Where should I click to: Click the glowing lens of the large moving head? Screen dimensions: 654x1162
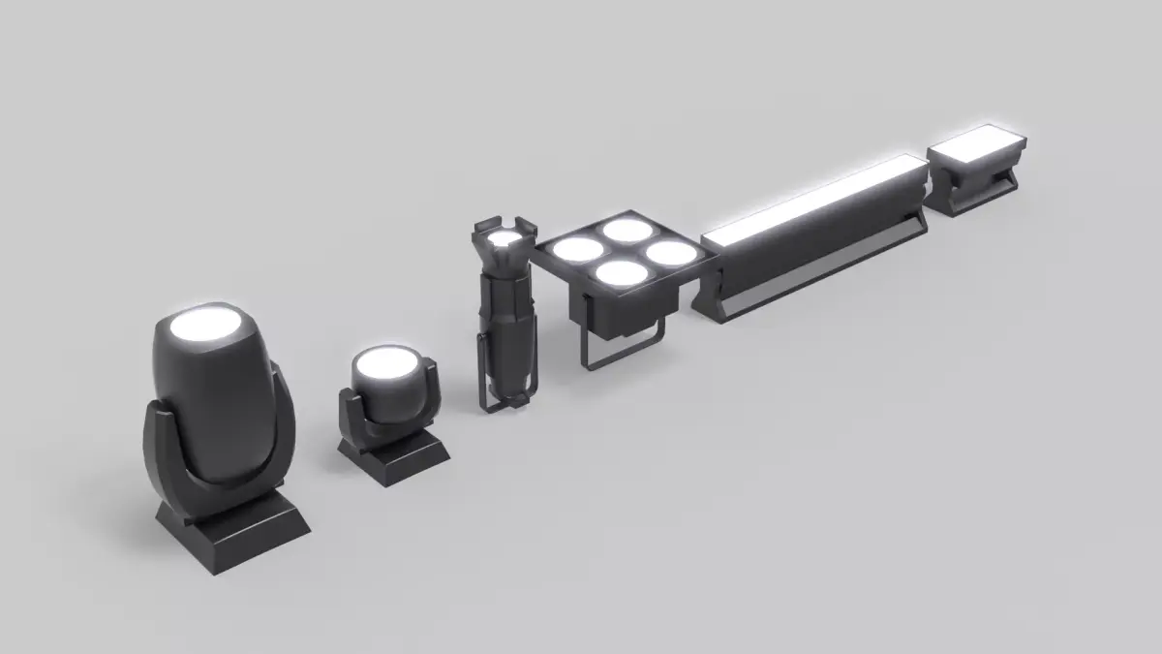[207, 327]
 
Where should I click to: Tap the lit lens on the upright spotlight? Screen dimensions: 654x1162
[504, 238]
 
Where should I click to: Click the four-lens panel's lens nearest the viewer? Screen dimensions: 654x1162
[621, 273]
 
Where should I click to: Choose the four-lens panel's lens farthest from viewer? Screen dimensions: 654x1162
[627, 232]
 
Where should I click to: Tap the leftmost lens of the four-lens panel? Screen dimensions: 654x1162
[579, 250]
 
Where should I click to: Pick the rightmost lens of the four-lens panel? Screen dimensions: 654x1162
[671, 252]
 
